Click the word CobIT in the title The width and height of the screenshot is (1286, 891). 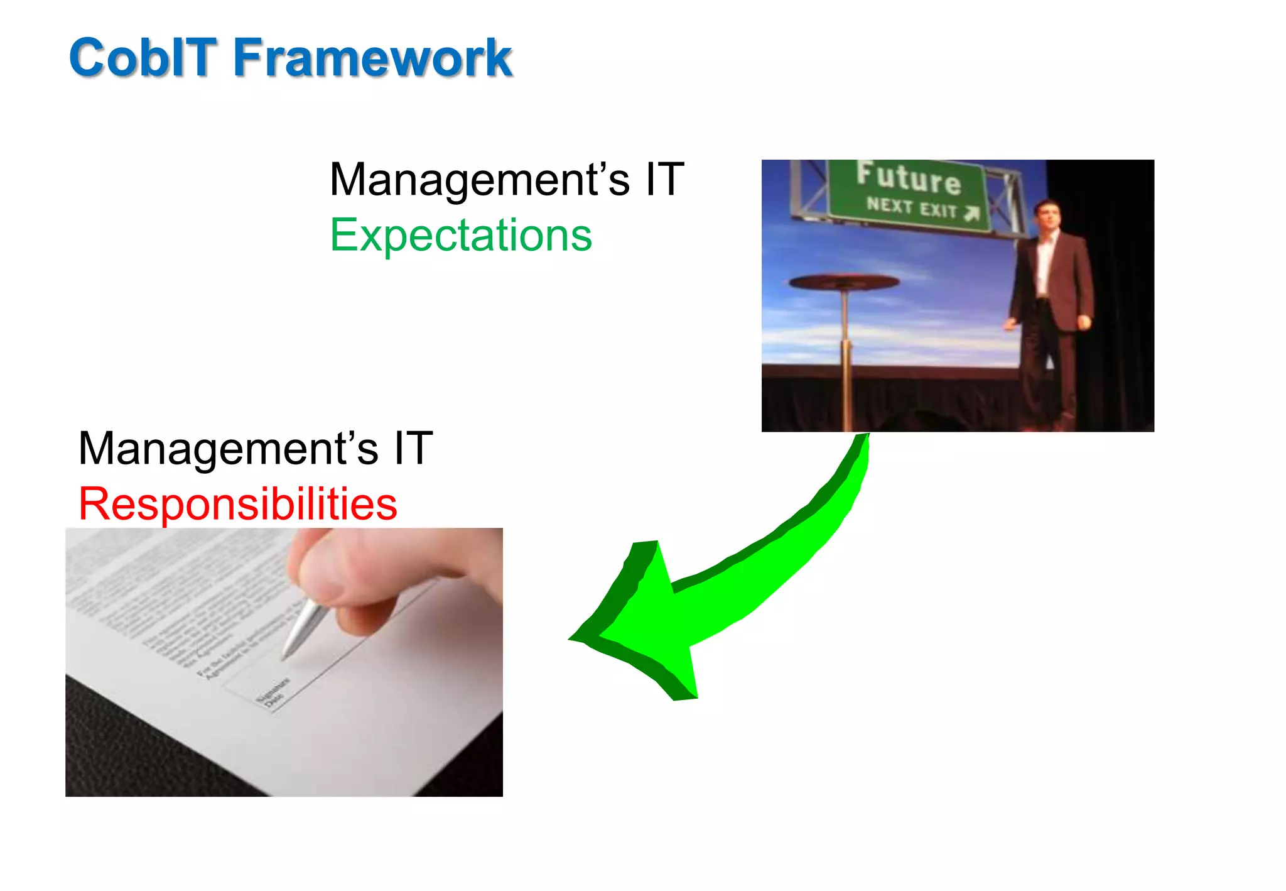(143, 58)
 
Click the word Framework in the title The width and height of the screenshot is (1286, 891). (372, 58)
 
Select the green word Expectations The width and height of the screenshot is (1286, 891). (461, 236)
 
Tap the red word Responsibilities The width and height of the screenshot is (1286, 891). (237, 504)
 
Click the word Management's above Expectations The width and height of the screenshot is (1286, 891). (480, 180)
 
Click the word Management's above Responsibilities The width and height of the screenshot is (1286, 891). (229, 449)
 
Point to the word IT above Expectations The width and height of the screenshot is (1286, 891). (664, 180)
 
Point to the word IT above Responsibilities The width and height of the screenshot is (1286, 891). (413, 449)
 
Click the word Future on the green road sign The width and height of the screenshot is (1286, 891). (908, 178)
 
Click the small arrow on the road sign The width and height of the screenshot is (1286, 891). (971, 214)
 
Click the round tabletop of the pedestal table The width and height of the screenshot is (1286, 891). (844, 282)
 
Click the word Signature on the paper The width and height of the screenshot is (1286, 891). (274, 690)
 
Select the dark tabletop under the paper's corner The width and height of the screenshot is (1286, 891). (126, 754)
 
